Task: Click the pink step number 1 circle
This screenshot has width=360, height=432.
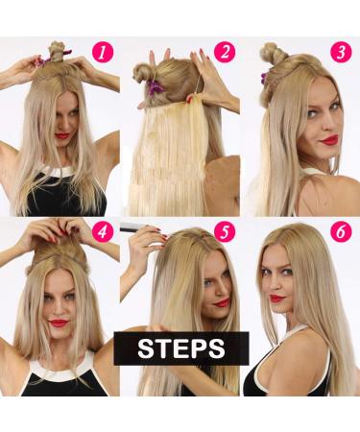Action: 102,50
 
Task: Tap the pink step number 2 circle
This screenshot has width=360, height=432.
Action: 224,51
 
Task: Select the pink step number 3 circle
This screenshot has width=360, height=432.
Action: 341,51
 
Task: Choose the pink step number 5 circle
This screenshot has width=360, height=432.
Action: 223,231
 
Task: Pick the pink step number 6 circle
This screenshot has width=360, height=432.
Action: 341,231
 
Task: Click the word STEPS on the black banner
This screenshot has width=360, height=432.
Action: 181,348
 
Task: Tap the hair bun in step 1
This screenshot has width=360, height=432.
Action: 57,50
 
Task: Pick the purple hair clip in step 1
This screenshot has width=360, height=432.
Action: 41,62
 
